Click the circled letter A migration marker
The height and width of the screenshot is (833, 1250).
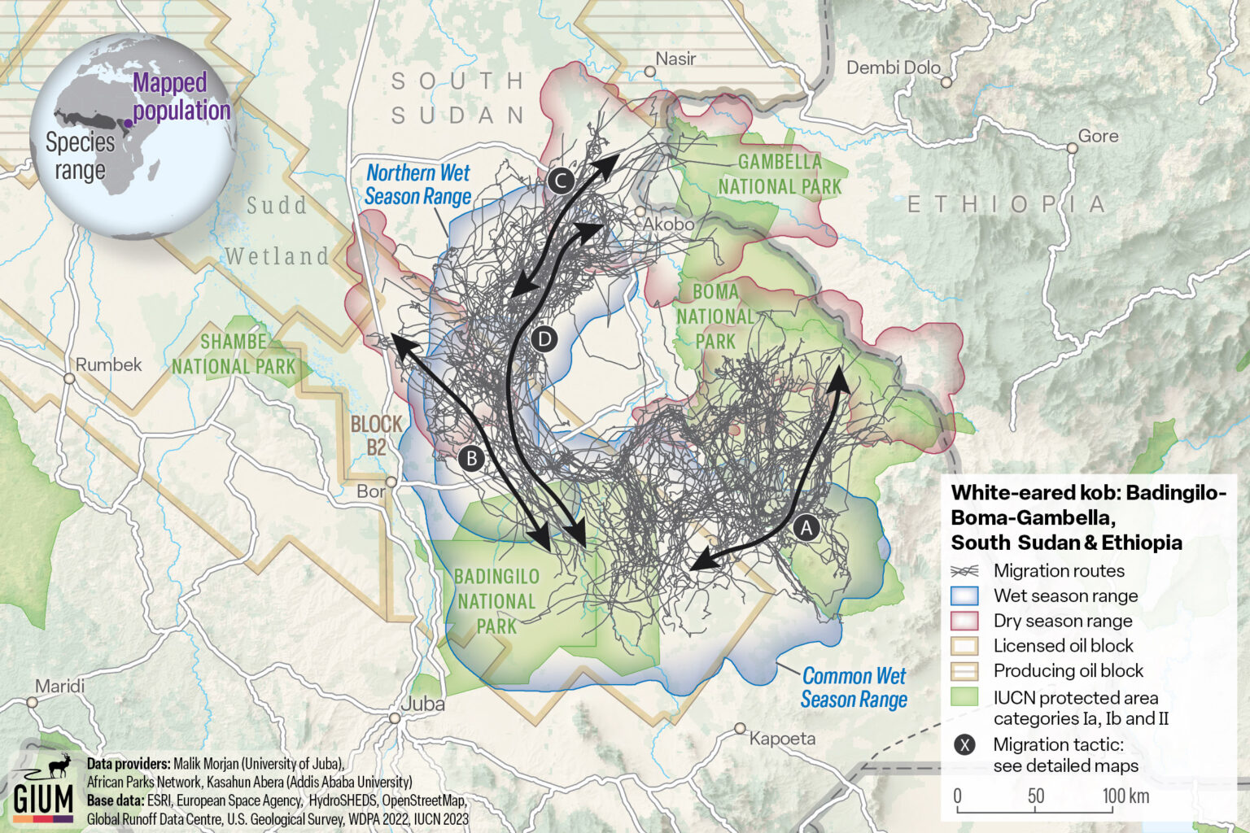[x=806, y=528]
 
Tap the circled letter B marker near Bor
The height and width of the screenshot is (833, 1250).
[x=471, y=458]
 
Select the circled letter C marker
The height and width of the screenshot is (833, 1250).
[x=561, y=181]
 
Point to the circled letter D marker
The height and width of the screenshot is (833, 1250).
[x=544, y=338]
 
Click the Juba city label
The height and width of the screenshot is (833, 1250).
[x=423, y=704]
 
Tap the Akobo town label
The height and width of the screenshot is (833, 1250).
[x=668, y=224]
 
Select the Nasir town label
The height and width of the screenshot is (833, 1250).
[x=675, y=59]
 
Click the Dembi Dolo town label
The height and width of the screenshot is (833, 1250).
[x=893, y=68]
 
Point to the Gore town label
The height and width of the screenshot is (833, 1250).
[x=1098, y=136]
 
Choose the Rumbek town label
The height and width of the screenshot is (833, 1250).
[x=108, y=364]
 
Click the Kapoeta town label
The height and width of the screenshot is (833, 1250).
[x=782, y=739]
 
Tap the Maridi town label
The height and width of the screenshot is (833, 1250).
[x=59, y=687]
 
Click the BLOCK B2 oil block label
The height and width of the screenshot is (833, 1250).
[x=376, y=435]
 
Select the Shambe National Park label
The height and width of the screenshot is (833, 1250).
[x=234, y=354]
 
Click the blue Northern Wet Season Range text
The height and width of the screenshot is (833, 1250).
[x=417, y=185]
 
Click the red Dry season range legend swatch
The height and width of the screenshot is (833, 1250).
[x=964, y=621]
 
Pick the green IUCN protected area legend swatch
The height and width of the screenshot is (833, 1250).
[x=964, y=697]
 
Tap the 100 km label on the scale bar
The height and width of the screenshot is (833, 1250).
[x=1125, y=796]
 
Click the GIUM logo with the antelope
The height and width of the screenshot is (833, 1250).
[x=44, y=788]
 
